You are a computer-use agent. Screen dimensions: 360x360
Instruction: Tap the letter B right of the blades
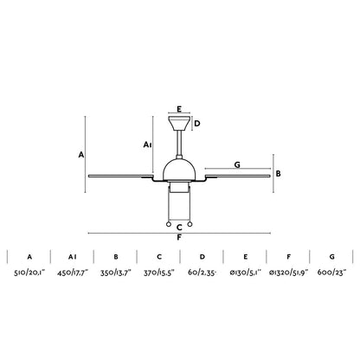tap(278, 173)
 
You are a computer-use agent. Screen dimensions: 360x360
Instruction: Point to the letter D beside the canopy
tap(197, 124)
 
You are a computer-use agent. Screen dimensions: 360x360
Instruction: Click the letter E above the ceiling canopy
tap(179, 110)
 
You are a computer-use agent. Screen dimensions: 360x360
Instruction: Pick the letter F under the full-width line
tap(179, 237)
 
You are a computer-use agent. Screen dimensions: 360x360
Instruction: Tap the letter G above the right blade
tap(237, 163)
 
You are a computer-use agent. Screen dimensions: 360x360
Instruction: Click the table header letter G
tap(331, 257)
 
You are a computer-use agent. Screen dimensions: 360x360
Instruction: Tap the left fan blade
tap(121, 181)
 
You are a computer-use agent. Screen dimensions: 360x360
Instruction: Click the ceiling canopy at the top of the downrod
tap(179, 122)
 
